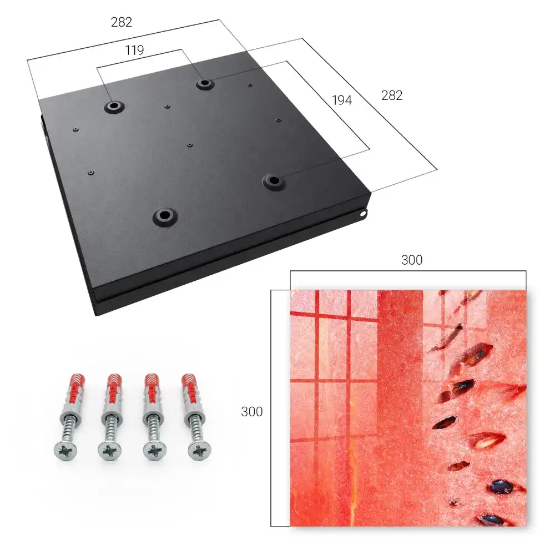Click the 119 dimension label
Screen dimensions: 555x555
pyautogui.click(x=134, y=51)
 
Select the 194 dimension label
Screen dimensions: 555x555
pyautogui.click(x=342, y=100)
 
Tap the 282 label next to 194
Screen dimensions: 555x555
pyautogui.click(x=392, y=95)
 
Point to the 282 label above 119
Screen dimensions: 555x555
pyautogui.click(x=122, y=22)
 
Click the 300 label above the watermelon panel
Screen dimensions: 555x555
pyautogui.click(x=412, y=260)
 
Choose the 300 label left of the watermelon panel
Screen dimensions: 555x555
pyautogui.click(x=251, y=412)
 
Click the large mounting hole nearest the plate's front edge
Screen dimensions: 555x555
pyautogui.click(x=165, y=215)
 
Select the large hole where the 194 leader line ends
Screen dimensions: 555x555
pyautogui.click(x=274, y=181)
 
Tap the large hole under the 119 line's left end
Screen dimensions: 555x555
pyautogui.click(x=114, y=106)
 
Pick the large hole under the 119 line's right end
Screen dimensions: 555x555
pyautogui.click(x=204, y=84)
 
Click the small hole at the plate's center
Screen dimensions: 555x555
pyautogui.click(x=190, y=145)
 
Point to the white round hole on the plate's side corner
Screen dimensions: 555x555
pyautogui.click(x=363, y=214)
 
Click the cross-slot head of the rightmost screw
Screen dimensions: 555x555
pyautogui.click(x=199, y=450)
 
